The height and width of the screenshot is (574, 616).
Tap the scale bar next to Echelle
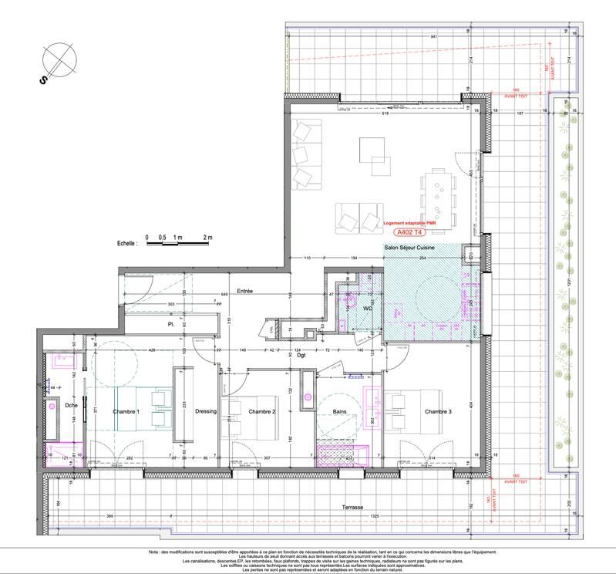point(177,244)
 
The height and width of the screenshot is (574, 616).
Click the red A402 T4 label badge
point(409,231)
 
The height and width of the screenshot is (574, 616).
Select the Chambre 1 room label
point(126,412)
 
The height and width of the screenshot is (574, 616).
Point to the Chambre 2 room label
point(262,412)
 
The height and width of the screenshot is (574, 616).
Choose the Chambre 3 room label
point(439,412)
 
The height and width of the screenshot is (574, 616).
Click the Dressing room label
point(206,411)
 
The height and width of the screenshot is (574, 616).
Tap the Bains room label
point(339,412)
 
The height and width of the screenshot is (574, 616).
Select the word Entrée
point(245,291)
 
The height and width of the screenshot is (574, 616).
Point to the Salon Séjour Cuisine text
point(411,248)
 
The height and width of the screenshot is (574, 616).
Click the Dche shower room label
point(72,404)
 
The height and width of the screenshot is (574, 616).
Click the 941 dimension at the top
point(412,37)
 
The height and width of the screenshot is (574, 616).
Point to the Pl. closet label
point(171,325)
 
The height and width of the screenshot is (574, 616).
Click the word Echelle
point(124,242)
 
